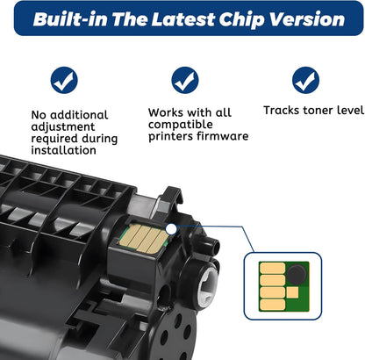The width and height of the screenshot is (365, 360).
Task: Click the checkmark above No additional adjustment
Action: pyautogui.click(x=64, y=80)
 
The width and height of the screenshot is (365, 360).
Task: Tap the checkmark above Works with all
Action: pyautogui.click(x=185, y=80)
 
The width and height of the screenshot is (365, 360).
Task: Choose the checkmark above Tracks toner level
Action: pyautogui.click(x=305, y=80)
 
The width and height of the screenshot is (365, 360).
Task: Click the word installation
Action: pyautogui.click(x=64, y=150)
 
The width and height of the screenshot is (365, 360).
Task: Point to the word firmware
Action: pyautogui.click(x=223, y=136)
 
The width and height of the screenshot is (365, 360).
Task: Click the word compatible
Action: pyautogui.click(x=181, y=125)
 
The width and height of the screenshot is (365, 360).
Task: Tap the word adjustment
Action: pyautogui.click(x=63, y=127)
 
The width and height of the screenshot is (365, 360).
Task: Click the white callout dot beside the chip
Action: pyautogui.click(x=171, y=229)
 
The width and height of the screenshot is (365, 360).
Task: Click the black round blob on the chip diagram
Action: pyautogui.click(x=297, y=274)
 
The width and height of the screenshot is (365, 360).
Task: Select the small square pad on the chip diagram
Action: pyautogui.click(x=292, y=292)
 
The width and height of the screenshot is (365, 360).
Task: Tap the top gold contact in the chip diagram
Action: pyautogui.click(x=272, y=268)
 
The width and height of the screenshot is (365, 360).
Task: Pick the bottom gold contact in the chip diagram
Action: pyautogui.click(x=272, y=305)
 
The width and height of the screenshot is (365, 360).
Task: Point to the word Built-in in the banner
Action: pyautogui.click(x=70, y=19)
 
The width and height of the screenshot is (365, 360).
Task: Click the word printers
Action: pyautogui.click(x=171, y=136)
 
